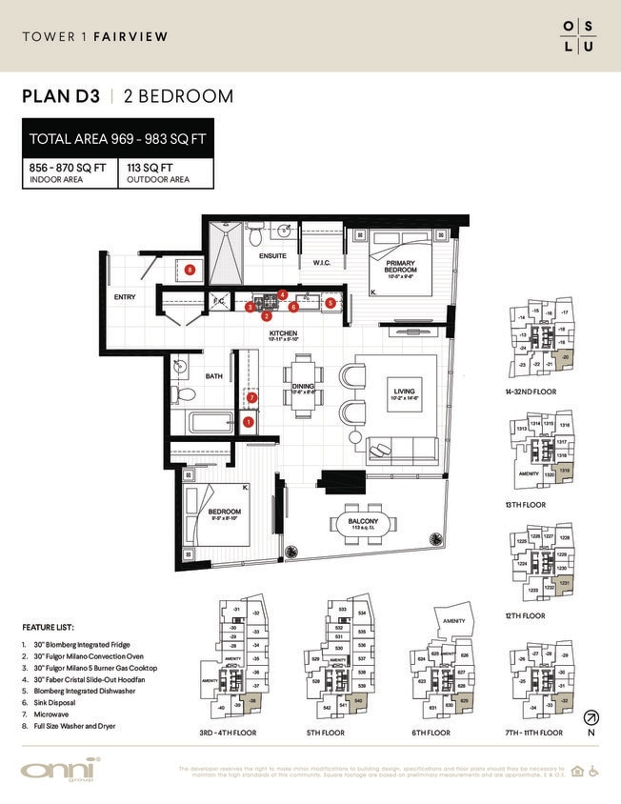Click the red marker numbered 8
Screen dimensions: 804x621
191,271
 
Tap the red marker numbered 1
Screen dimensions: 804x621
249,421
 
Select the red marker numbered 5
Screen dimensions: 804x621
330,303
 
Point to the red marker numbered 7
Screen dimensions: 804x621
252,397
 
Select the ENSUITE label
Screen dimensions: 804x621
273,256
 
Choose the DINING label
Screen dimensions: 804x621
303,387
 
